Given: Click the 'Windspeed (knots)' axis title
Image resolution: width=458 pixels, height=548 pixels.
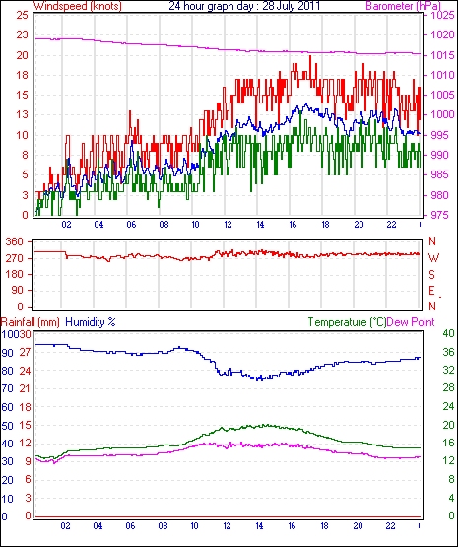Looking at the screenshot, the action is (x=78, y=6).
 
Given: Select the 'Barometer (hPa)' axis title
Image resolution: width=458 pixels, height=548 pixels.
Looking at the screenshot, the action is (x=403, y=6).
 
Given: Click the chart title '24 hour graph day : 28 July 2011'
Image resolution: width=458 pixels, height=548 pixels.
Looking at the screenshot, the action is (x=244, y=6).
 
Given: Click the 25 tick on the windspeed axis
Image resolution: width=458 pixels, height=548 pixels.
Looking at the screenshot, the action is (x=22, y=15).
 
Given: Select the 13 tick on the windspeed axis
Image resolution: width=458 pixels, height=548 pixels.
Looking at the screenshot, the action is (x=22, y=114).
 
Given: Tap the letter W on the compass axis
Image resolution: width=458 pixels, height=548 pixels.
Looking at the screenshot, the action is (x=433, y=258).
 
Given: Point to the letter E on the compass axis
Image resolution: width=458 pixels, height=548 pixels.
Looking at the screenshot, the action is (x=431, y=291).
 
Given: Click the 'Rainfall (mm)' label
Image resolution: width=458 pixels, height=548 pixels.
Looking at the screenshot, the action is (x=31, y=322).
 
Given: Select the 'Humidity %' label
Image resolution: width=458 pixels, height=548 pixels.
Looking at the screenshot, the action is (x=91, y=322).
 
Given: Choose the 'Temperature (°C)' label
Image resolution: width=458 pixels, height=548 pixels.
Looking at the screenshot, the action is (x=347, y=322).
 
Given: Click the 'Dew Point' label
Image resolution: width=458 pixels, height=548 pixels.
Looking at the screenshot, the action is (x=411, y=322).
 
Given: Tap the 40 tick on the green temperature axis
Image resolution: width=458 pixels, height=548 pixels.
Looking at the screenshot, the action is (x=448, y=333).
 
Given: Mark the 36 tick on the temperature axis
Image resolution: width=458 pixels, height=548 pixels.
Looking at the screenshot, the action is (x=448, y=352).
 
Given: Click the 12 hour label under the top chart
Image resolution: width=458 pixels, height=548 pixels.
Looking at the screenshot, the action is (x=228, y=225).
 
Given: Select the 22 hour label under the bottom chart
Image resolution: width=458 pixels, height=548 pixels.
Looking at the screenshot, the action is (x=390, y=526).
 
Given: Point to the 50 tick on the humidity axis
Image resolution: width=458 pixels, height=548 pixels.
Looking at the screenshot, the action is (x=7, y=426).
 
